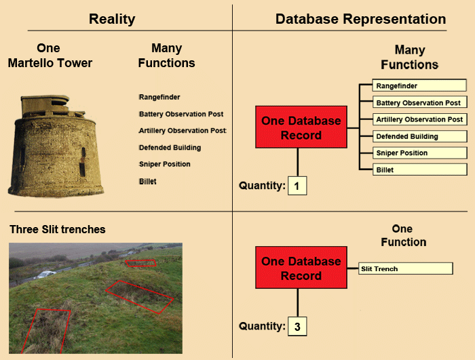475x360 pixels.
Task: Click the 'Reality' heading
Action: (x=112, y=19)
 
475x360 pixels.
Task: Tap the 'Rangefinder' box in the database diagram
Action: (x=419, y=85)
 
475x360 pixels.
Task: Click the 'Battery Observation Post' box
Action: (x=419, y=102)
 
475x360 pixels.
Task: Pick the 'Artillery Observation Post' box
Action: (x=419, y=119)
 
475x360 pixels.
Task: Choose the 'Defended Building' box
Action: (x=419, y=136)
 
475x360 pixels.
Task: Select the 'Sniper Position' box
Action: (x=419, y=153)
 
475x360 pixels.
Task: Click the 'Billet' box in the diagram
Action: (x=419, y=170)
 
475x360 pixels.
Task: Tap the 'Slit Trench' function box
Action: (x=405, y=269)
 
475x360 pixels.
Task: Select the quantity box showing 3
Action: (x=297, y=327)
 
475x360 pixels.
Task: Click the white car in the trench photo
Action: (x=45, y=275)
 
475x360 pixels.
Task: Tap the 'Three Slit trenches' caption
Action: (x=58, y=229)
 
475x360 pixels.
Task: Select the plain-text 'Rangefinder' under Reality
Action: (x=159, y=97)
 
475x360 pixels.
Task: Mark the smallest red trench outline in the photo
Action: (x=140, y=263)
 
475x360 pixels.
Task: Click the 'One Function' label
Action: (x=403, y=235)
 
